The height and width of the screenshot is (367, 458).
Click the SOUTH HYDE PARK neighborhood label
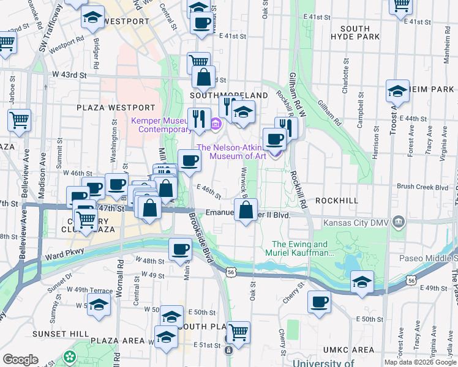tap(355, 33)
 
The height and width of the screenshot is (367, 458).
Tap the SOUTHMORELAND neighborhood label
tap(229, 96)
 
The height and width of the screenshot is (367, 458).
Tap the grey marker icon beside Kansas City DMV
tap(399, 220)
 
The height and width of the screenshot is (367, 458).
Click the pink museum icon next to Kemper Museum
tap(215, 125)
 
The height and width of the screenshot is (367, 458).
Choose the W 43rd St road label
tap(69, 75)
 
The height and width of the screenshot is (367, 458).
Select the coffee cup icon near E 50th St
tap(319, 302)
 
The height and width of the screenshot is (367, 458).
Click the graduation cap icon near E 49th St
tap(362, 281)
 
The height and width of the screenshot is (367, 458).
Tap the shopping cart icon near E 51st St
tap(238, 332)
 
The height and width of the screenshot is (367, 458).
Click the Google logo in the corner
tap(21, 360)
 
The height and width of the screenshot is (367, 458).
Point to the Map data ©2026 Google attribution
tap(419, 362)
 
